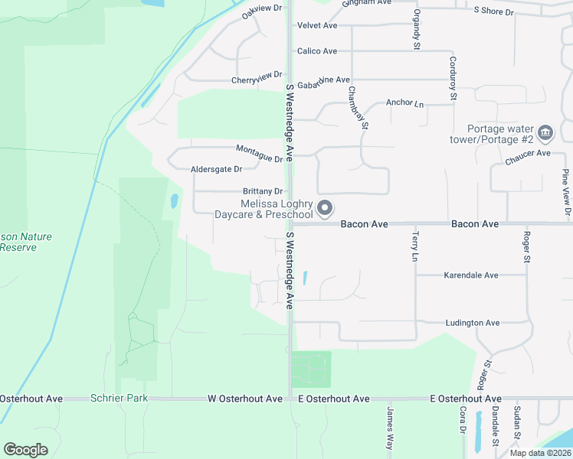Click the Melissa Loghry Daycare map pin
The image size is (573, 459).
325,207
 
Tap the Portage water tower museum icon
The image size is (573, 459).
545,133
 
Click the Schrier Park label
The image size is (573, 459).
119,399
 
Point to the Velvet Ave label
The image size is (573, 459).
317,25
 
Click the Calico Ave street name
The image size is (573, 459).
317,51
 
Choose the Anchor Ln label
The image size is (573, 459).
405,103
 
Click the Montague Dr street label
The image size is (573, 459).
260,152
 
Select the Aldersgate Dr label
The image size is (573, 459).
216,168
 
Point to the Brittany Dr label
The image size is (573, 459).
263,191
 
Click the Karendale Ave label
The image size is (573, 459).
472,275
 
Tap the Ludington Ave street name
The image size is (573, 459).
473,323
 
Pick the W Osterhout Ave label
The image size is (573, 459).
245,399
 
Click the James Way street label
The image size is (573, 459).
390,428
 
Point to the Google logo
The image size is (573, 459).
25,449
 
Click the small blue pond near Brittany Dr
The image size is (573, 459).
174,201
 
